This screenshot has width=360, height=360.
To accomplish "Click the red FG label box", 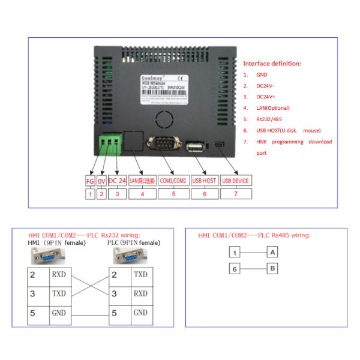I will pyautogui.click(x=89, y=181).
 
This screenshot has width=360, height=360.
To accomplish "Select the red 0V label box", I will pyautogui.click(x=101, y=181).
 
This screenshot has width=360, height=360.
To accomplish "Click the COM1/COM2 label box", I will pyautogui.click(x=173, y=181).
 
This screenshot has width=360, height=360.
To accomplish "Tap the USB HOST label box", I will pyautogui.click(x=204, y=181).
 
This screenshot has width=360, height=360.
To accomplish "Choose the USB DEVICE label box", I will pyautogui.click(x=235, y=181).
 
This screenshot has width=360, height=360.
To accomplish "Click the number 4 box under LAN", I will pyautogui.click(x=142, y=194).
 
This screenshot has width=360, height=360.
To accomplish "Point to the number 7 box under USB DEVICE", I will pyautogui.click(x=235, y=194).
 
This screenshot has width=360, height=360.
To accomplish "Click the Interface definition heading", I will pyautogui.click(x=272, y=64).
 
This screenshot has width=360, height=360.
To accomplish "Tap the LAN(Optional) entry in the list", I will pyautogui.click(x=273, y=108).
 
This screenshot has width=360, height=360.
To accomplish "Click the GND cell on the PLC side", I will pyautogui.click(x=140, y=313).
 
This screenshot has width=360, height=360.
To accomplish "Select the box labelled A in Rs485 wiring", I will pyautogui.click(x=272, y=252).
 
